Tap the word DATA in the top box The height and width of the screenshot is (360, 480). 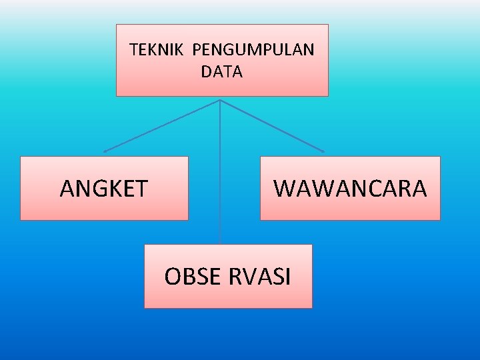pos(222,72)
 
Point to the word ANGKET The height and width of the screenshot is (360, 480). pos(103,189)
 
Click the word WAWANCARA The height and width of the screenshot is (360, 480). pos(350,189)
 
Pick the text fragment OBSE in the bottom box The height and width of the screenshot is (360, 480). pos(193,276)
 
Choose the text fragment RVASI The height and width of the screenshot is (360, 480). pos(261,276)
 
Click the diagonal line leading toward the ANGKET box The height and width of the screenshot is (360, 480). pos(161,126)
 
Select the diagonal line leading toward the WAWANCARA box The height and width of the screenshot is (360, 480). pos(272,126)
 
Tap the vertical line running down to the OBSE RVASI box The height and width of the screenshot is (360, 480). pos(221,173)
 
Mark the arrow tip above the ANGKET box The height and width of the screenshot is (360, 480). pos(105,151)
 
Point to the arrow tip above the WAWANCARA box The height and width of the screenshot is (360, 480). pos(323,151)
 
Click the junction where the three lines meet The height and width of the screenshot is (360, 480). pos(220,101)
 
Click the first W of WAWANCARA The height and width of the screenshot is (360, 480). pos(285,189)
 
